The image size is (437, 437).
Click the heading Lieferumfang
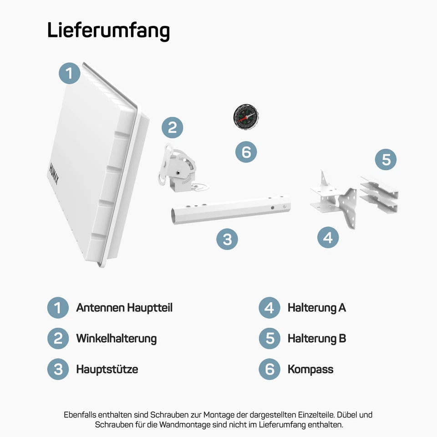(x=108, y=30)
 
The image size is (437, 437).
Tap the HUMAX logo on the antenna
(x=54, y=169)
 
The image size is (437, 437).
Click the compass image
(x=244, y=116)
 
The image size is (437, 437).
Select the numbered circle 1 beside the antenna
(x=70, y=73)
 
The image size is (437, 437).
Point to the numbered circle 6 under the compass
(x=246, y=152)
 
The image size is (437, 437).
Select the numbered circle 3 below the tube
(x=227, y=239)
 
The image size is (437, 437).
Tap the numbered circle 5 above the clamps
(x=386, y=160)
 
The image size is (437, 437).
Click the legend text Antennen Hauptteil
(x=124, y=308)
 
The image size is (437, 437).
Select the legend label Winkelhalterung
(x=116, y=339)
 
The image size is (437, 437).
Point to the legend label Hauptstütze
(x=107, y=369)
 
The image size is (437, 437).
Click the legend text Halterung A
(x=316, y=308)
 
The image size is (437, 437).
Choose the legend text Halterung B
(x=316, y=339)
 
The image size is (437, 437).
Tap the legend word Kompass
(x=310, y=369)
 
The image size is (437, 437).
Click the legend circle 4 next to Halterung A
(x=269, y=308)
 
